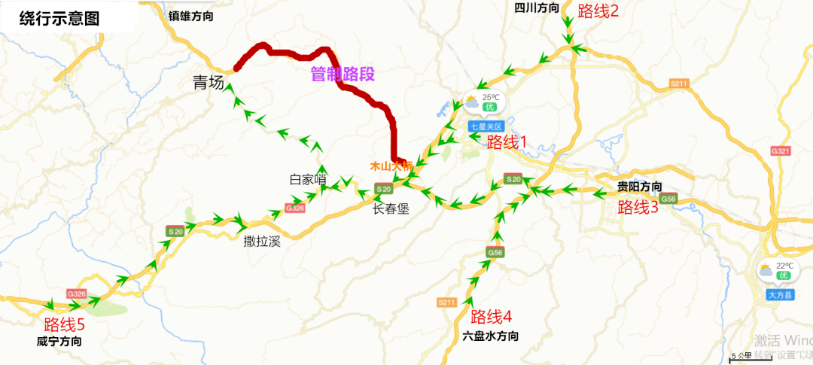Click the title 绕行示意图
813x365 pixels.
59,19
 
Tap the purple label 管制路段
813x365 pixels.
343,74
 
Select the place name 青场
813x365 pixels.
209,84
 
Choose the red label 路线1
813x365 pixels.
507,141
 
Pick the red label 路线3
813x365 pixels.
638,208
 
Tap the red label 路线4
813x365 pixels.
491,317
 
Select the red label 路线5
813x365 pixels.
64,325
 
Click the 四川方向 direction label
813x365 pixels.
537,8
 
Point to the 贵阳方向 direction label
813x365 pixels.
640,187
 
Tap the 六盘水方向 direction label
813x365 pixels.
491,336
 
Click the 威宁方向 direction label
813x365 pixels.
59,342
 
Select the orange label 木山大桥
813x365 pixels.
388,165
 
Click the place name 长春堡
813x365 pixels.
391,209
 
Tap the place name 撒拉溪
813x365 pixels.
262,242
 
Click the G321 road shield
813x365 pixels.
781,151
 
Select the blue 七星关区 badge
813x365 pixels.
485,126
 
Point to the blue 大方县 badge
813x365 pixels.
780,295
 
